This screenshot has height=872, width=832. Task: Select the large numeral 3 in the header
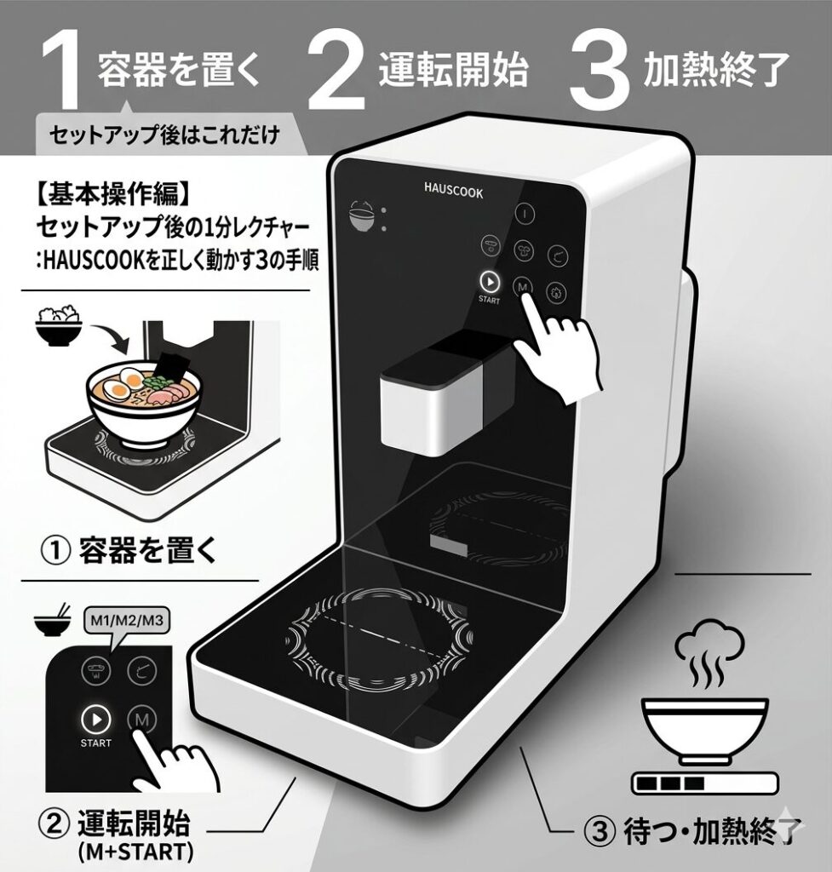(600, 70)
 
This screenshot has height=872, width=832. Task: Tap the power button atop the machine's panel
(524, 214)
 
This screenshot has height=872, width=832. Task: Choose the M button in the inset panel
(142, 720)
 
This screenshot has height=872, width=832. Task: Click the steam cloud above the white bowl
(709, 644)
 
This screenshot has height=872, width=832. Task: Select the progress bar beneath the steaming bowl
(704, 783)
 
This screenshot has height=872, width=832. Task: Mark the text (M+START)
(135, 852)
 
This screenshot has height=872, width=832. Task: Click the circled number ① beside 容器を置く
(57, 551)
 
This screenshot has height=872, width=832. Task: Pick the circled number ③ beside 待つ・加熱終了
(600, 831)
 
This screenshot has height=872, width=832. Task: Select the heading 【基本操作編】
(113, 193)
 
